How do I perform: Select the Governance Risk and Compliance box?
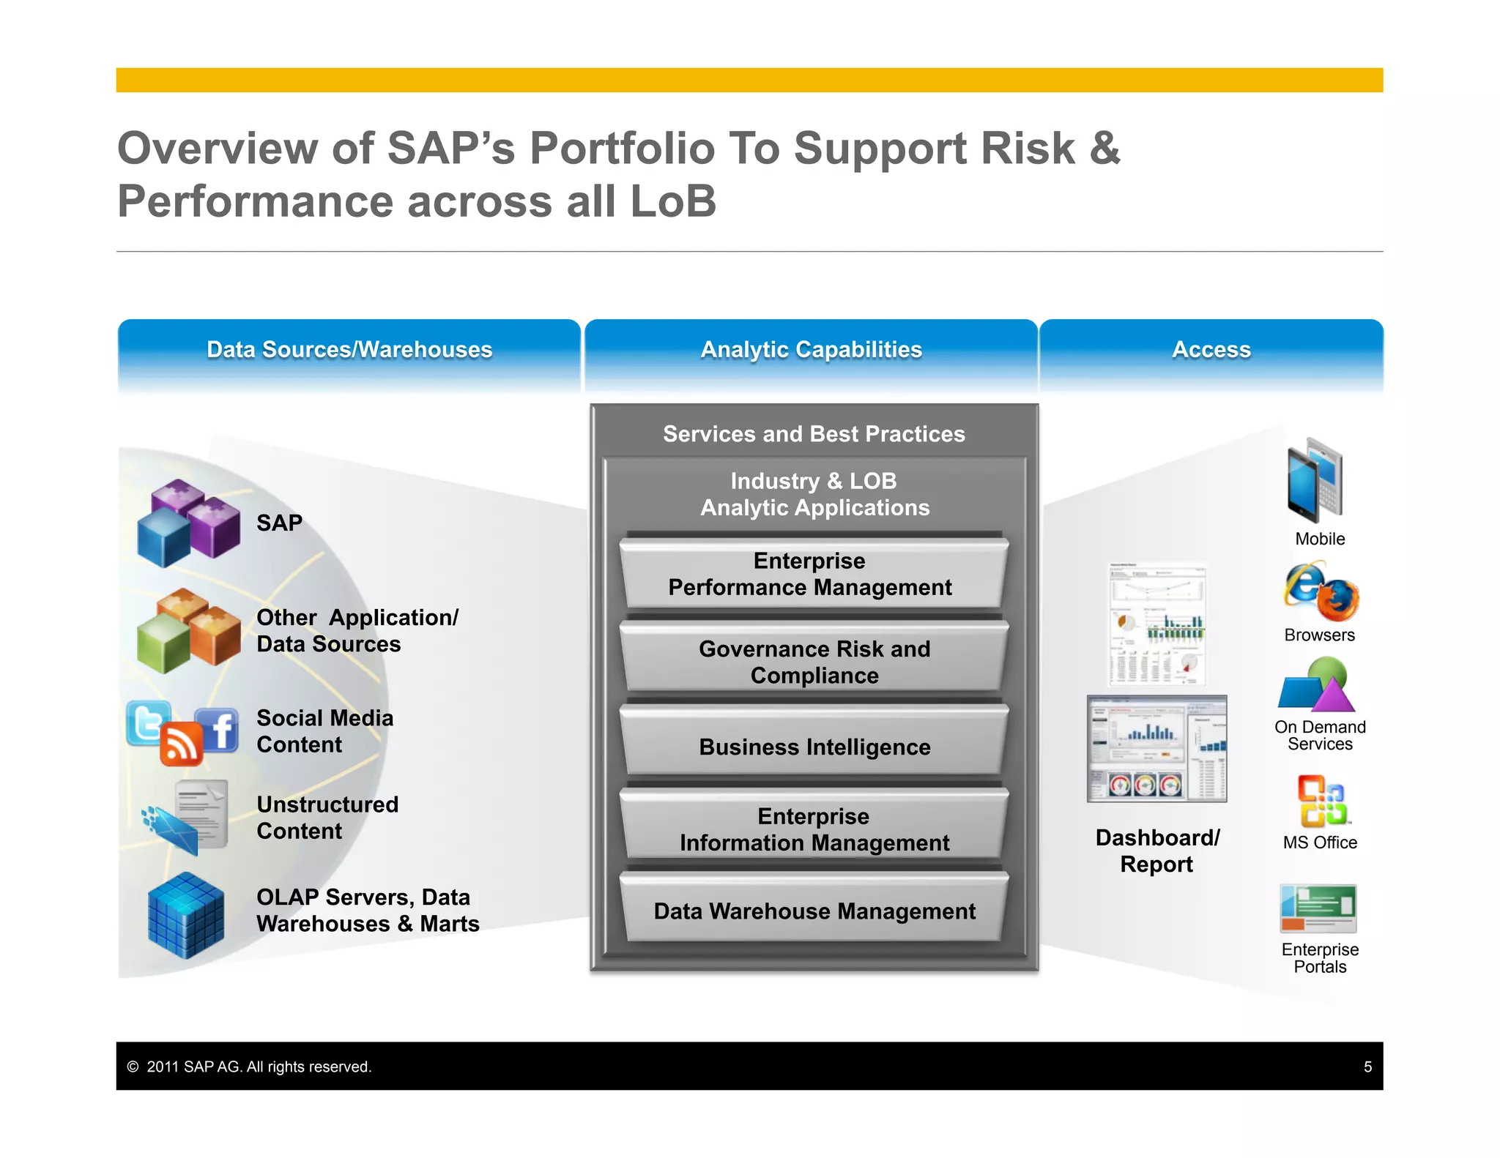coord(814,661)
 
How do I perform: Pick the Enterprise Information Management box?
coord(814,829)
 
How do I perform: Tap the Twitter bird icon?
coord(149,722)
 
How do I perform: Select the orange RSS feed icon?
coord(180,744)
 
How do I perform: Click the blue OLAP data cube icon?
coord(186,915)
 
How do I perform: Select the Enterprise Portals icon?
coord(1318,908)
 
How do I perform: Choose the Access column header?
coord(1211,350)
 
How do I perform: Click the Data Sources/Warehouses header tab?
coord(349,350)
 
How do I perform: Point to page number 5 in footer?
coord(1367,1067)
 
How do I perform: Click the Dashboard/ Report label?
coord(1157,851)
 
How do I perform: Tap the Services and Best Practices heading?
coord(814,434)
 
